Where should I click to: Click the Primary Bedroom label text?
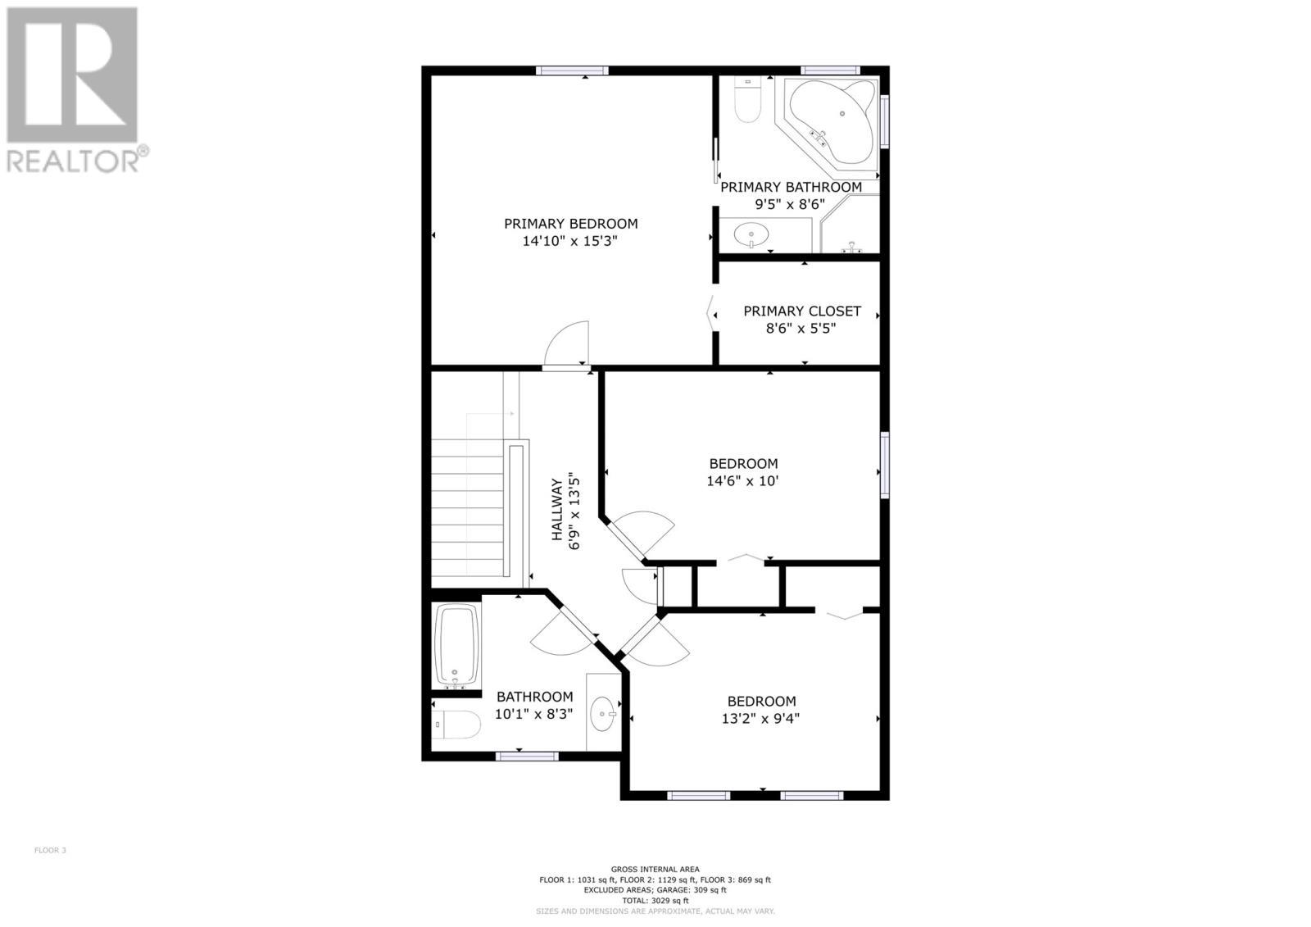point(570,224)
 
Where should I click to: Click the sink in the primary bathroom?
point(751,235)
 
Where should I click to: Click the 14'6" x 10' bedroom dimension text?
point(742,481)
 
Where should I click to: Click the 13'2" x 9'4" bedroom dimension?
point(761,719)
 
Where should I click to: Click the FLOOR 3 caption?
point(50,850)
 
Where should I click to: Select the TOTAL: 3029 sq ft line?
point(655,900)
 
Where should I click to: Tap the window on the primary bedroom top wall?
point(572,70)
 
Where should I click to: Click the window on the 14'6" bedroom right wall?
point(885,464)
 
